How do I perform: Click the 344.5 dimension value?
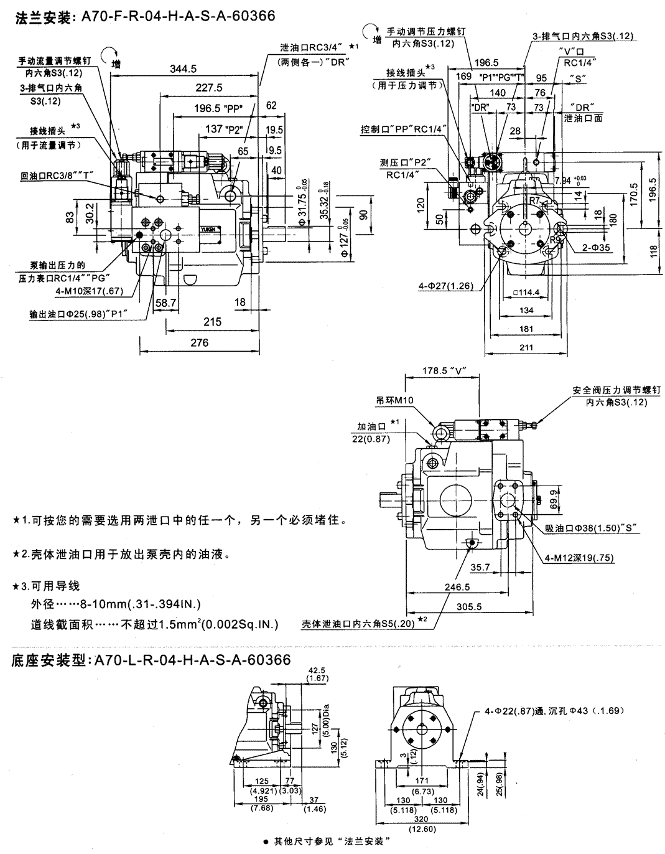tap(183, 68)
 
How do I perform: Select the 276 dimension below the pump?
tap(199, 342)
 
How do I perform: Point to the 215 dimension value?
tap(213, 322)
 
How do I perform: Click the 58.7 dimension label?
tap(165, 302)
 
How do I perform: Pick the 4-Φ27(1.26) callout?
tap(445, 286)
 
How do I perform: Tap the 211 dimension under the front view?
tap(526, 347)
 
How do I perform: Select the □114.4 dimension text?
tap(527, 292)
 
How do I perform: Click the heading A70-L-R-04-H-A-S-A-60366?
tap(190, 660)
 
